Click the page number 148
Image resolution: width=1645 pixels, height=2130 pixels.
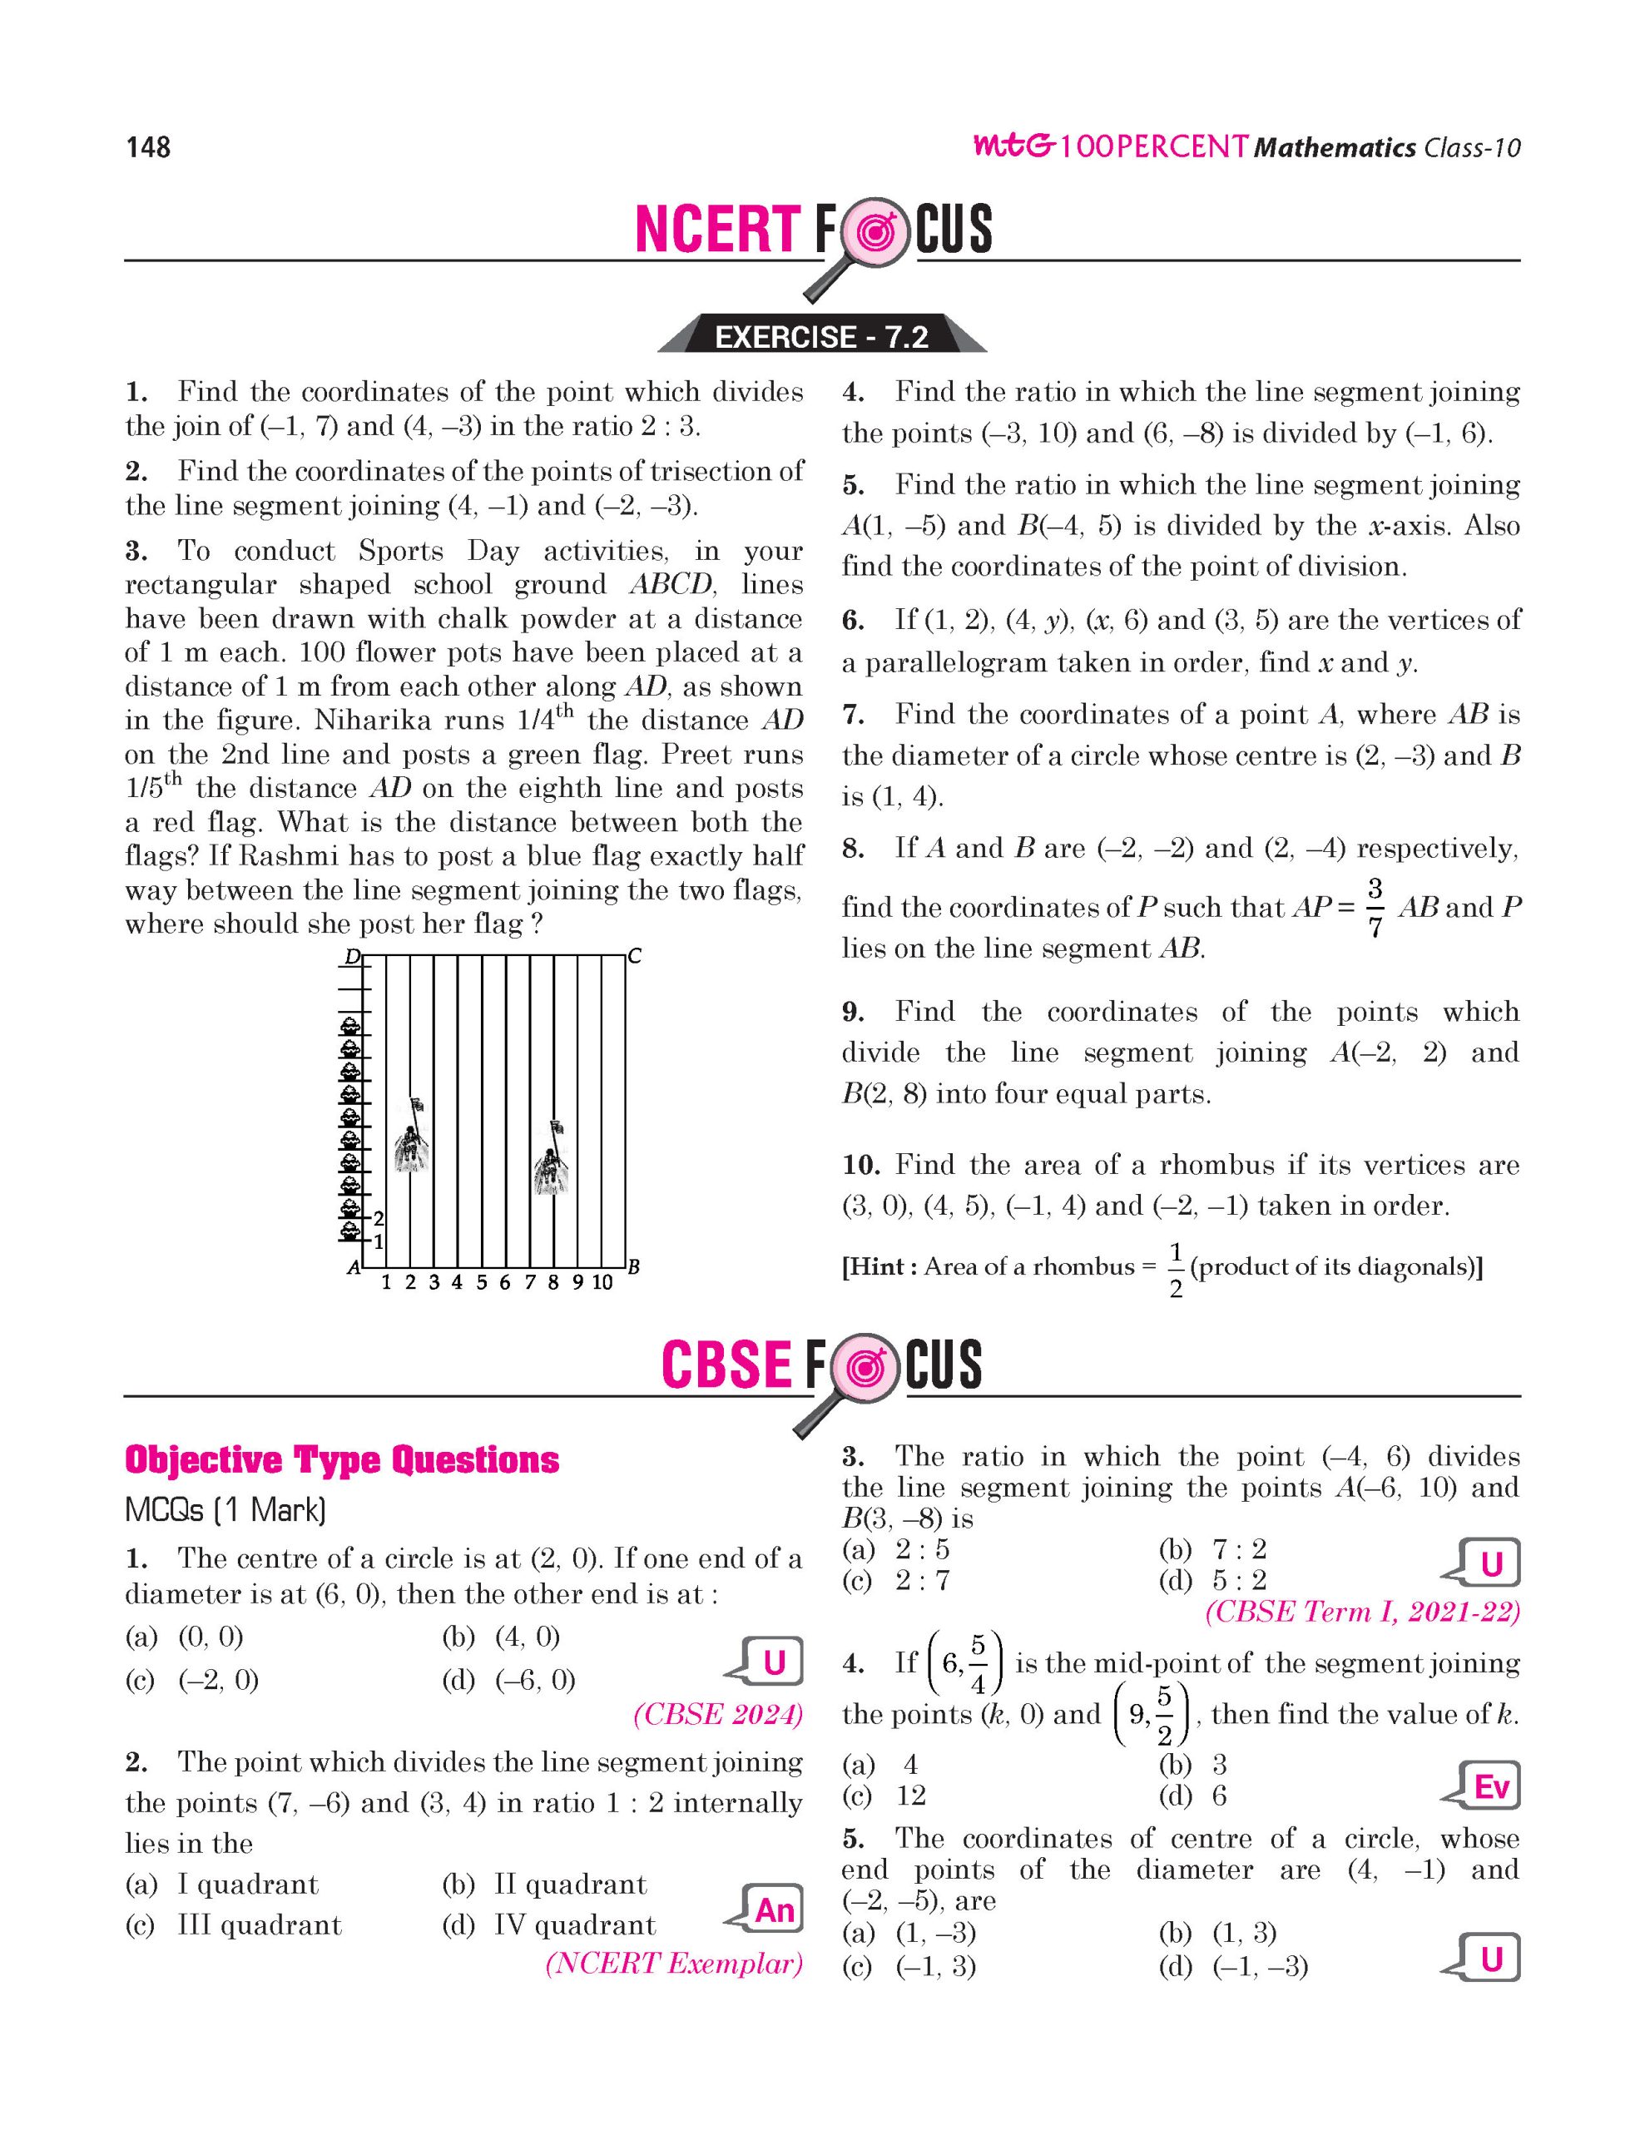pos(148,147)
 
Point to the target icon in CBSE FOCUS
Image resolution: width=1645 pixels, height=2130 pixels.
pos(864,1366)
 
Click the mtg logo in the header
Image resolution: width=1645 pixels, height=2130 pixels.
pos(1013,147)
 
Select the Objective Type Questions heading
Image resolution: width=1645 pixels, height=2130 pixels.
pos(341,1460)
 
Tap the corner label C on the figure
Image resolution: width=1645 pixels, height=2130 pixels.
pos(635,957)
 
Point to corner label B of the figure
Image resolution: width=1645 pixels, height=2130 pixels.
pos(634,1268)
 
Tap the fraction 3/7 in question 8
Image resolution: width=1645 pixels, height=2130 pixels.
pos(1375,907)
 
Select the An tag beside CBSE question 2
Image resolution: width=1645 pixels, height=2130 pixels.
pos(772,1910)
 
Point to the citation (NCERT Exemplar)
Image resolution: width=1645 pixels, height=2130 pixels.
pos(674,1964)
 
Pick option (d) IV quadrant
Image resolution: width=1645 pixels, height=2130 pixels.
pos(549,1925)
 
